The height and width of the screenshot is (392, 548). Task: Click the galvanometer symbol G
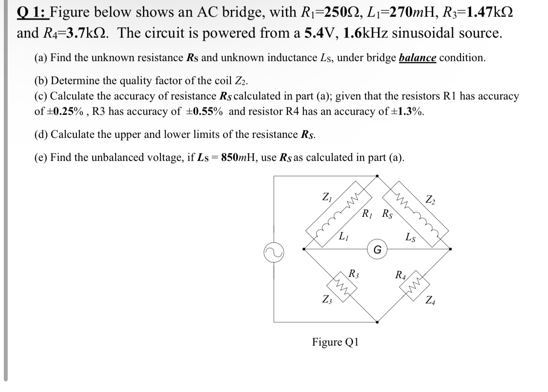click(x=377, y=249)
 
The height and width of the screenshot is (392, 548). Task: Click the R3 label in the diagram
click(x=354, y=273)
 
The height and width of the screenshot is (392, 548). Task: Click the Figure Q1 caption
click(x=335, y=342)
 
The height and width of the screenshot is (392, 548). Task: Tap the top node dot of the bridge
click(x=377, y=175)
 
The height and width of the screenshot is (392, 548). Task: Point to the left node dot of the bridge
click(x=303, y=249)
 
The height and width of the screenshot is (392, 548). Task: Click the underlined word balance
click(x=417, y=58)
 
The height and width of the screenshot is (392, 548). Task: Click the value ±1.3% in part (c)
click(x=408, y=112)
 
